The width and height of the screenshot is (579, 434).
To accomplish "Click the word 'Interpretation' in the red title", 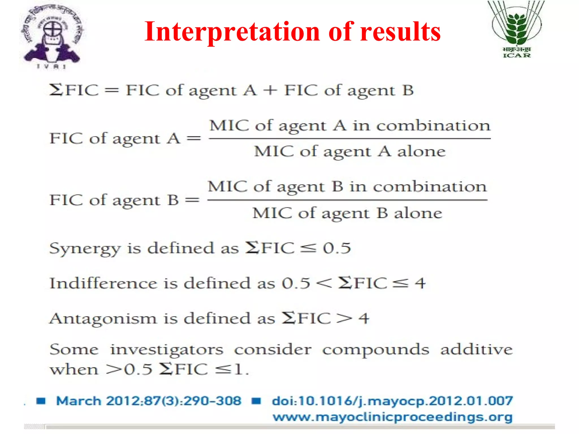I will point(232,32).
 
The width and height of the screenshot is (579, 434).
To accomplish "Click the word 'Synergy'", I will point(85,249).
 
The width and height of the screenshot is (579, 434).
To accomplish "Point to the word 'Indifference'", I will point(103,283).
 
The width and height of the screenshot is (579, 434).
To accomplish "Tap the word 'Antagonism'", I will point(103,319).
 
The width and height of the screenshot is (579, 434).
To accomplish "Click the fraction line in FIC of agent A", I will point(349,138).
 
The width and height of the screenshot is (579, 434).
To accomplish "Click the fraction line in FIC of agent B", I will point(347,200).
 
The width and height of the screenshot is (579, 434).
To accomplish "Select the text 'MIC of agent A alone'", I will point(350,151).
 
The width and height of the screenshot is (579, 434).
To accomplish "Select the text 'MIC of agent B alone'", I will point(347,213).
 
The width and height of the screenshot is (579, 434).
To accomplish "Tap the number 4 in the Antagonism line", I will point(364,319).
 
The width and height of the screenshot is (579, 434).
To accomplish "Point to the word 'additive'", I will point(476,350).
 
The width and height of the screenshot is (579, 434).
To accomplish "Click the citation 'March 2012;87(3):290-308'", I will point(149,401).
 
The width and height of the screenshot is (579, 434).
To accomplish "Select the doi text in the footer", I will point(392,401).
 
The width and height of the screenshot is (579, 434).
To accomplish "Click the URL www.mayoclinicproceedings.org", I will point(392,417).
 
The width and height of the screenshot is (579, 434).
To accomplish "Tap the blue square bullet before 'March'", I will point(41,401).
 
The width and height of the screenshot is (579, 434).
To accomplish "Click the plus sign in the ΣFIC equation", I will point(270,90).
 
